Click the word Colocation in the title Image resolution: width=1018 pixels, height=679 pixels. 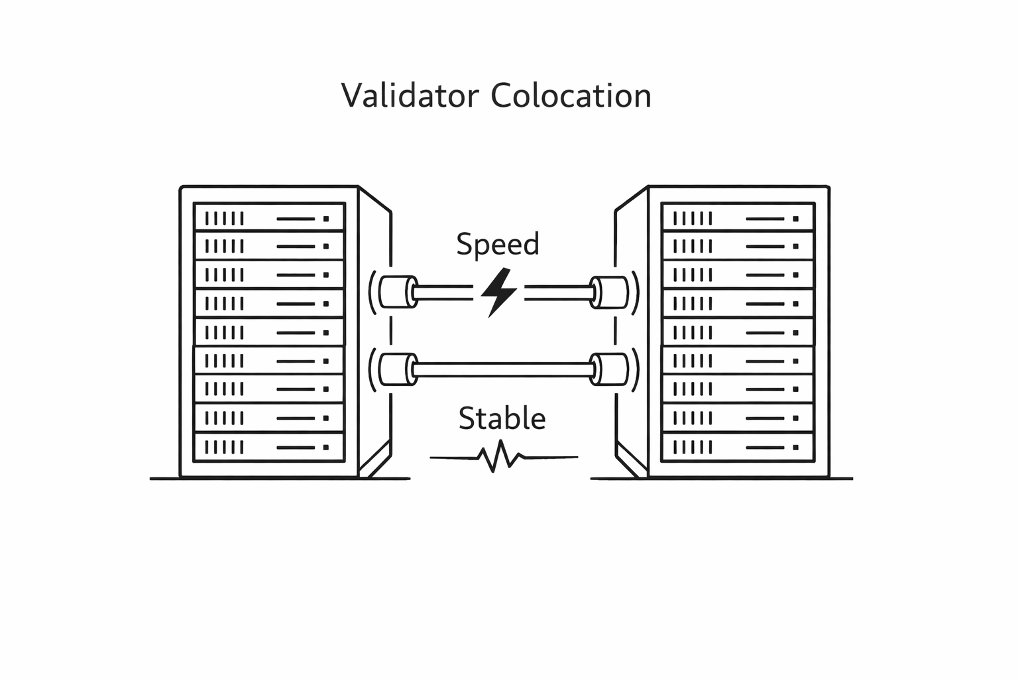571,95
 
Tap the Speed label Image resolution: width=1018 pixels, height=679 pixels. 498,244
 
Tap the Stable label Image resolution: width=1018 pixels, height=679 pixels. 502,418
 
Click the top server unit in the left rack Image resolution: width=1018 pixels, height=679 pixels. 269,217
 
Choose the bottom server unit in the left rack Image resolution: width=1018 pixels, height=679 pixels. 269,447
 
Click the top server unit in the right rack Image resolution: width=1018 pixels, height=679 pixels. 738,217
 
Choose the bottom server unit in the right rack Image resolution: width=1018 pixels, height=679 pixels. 738,447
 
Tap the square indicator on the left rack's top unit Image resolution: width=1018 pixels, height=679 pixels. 325,218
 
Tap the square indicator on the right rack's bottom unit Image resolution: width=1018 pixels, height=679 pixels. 795,448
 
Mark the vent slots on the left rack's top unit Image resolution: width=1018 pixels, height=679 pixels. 225,218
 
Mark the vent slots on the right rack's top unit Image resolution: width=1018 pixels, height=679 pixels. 693,218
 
